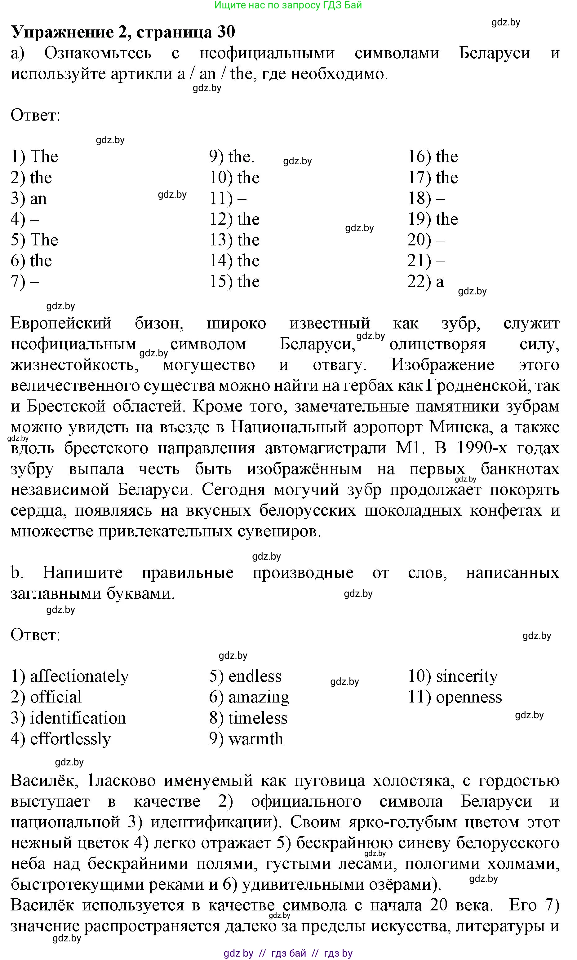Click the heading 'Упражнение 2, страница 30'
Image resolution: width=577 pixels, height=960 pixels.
click(123, 32)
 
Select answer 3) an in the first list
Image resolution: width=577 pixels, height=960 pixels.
click(29, 199)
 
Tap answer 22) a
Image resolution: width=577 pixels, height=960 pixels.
click(425, 282)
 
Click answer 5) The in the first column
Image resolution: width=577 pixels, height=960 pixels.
click(34, 240)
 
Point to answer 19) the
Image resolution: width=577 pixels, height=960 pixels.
click(432, 219)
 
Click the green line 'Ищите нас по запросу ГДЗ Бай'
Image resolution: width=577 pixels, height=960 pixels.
click(288, 5)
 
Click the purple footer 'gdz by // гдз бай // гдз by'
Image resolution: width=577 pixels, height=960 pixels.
click(288, 953)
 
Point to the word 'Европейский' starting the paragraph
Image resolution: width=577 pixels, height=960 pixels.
click(61, 323)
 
